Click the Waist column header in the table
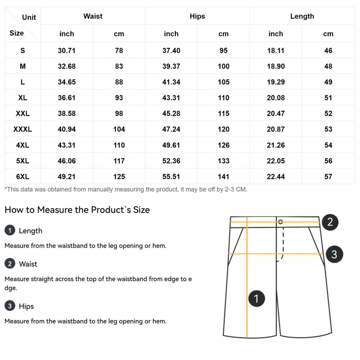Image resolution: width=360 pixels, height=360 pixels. [x=93, y=16]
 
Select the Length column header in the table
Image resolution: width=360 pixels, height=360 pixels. [x=302, y=16]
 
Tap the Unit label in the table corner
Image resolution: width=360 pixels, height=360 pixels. [x=29, y=17]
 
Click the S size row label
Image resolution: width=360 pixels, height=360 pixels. [x=23, y=51]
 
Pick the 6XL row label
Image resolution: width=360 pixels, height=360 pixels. [x=23, y=177]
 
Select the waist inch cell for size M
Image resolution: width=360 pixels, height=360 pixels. [x=67, y=67]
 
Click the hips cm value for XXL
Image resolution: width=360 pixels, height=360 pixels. [x=224, y=114]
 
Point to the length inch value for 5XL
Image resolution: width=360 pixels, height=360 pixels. [x=276, y=161]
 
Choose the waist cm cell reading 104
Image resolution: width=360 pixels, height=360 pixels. [x=119, y=130]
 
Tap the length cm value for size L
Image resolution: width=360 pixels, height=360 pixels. [x=328, y=82]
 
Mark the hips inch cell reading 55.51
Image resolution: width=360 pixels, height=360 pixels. [x=171, y=177]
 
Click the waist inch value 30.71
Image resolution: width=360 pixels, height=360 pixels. [x=67, y=51]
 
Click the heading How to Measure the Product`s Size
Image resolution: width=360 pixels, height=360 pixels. [x=77, y=210]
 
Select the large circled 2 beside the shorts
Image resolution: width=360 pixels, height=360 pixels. [x=330, y=222]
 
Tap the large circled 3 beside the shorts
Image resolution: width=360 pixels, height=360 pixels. [x=334, y=254]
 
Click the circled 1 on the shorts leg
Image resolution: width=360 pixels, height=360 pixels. [x=256, y=298]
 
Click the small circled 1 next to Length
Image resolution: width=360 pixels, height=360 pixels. [x=10, y=231]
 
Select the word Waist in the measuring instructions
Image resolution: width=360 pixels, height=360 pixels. [x=28, y=264]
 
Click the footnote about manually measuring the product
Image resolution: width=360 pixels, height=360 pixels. [x=126, y=189]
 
